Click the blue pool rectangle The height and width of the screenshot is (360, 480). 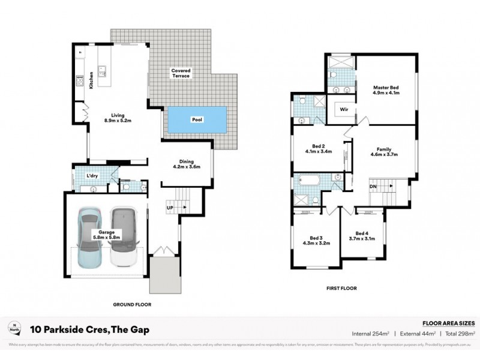[x=197, y=120]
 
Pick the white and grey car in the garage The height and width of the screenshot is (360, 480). [x=124, y=236]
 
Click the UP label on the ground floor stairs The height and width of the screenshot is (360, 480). [x=170, y=208]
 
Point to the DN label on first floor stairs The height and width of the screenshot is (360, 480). [x=373, y=187]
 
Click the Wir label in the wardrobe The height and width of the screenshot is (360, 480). [x=343, y=110]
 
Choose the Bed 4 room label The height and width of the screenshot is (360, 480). [x=361, y=233]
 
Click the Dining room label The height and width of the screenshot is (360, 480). [x=187, y=161]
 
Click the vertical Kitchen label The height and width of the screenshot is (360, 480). [x=92, y=80]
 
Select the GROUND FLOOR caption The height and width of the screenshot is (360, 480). [x=133, y=305]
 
